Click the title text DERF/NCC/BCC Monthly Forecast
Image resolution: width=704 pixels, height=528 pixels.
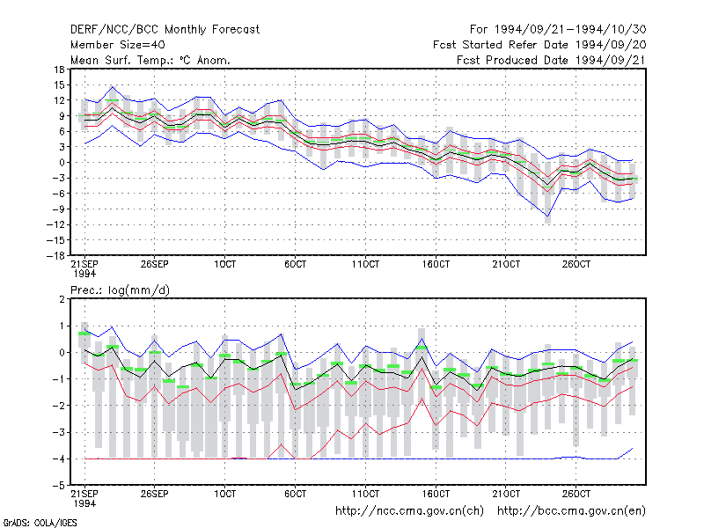(165, 30)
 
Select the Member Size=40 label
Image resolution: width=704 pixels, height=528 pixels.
(118, 45)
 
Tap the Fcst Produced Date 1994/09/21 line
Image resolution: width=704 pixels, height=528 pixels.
(552, 60)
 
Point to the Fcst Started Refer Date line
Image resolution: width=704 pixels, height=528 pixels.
(539, 45)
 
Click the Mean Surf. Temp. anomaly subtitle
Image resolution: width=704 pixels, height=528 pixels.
(150, 60)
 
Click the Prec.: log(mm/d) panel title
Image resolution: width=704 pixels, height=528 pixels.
(120, 290)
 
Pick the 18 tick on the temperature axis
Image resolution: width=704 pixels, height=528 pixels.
(59, 70)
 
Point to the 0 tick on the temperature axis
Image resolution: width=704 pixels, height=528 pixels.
(62, 163)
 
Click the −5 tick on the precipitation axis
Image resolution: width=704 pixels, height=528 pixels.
(59, 486)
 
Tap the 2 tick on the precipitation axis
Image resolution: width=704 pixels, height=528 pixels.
(62, 299)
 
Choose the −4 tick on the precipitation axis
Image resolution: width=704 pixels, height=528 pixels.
(59, 458)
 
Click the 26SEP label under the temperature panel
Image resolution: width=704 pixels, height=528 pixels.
(155, 265)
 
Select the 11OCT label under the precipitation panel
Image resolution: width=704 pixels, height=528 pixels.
(365, 494)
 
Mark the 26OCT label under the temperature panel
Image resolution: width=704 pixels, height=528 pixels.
(576, 265)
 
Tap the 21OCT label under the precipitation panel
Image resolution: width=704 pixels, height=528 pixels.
(506, 494)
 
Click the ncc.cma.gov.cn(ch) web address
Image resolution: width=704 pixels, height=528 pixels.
(409, 511)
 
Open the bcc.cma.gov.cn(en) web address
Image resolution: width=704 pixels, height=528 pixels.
(571, 511)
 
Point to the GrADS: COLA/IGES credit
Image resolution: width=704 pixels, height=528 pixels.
(40, 523)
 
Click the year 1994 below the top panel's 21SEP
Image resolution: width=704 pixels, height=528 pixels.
(84, 274)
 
